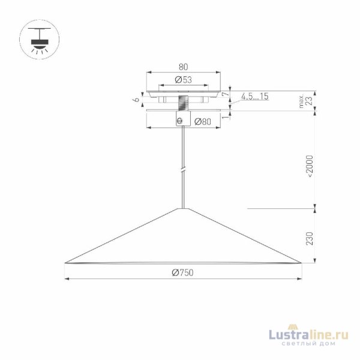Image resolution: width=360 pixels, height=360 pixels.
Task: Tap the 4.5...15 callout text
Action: [255, 96]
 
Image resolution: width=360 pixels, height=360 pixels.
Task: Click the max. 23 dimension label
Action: [307, 100]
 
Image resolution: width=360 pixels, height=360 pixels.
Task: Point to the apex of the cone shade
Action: [182, 208]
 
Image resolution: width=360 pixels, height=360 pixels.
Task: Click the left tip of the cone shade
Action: [65, 263]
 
